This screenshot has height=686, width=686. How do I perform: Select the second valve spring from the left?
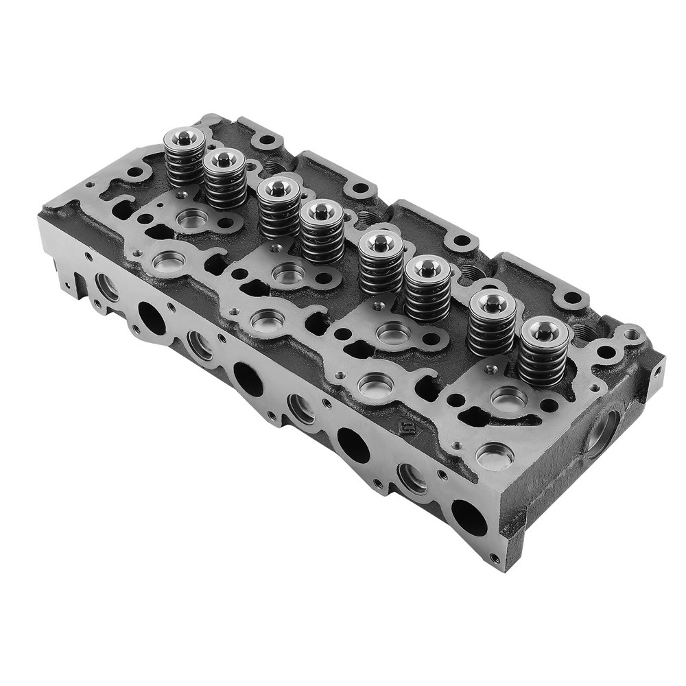pyautogui.click(x=225, y=180)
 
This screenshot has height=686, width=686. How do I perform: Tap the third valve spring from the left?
pyautogui.click(x=279, y=206)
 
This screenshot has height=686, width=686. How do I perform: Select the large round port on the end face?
pyautogui.click(x=604, y=432)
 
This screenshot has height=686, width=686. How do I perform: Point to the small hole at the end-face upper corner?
pyautogui.click(x=657, y=371)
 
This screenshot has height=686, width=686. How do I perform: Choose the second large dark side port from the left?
pyautogui.click(x=248, y=379)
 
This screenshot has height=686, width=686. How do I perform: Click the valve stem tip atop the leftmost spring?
pyautogui.click(x=185, y=139)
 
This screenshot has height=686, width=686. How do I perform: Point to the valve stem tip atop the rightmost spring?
pyautogui.click(x=543, y=332)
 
